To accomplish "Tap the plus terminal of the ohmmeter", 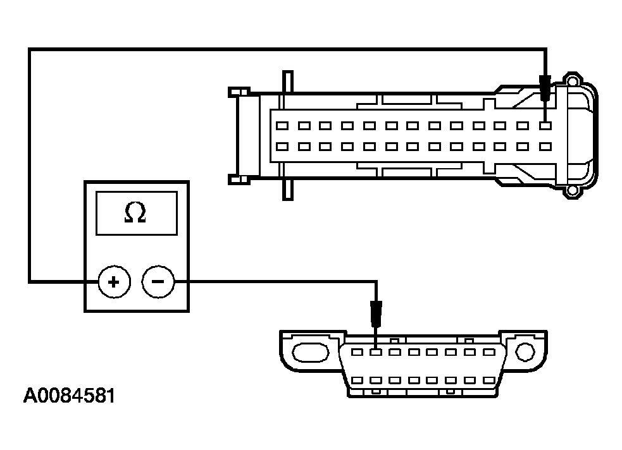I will [x=114, y=281].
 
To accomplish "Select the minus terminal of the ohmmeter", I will [x=158, y=281].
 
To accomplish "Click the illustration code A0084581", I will [x=69, y=396].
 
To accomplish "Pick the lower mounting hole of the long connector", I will [x=573, y=189].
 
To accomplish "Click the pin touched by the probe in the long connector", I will [x=545, y=126].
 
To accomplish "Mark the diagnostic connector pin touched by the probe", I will [x=376, y=351].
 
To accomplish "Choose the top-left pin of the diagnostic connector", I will [x=358, y=351].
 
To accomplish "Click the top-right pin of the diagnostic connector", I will [x=487, y=351].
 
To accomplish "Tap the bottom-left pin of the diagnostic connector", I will [x=358, y=380].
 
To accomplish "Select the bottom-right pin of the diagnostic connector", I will [x=487, y=380].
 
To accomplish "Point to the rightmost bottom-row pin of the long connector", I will [x=545, y=147].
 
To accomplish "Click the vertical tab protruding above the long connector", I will [x=288, y=82].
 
